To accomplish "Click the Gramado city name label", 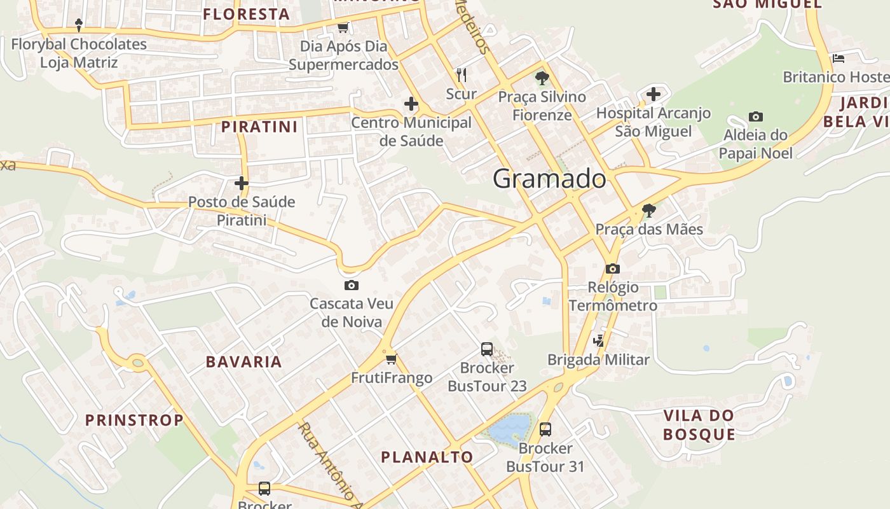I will (549, 179).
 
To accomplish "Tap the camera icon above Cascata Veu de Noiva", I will (351, 286).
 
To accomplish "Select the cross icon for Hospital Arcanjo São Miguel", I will (653, 95).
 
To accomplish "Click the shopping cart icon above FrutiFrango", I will (391, 359).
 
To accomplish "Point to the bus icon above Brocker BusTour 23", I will (487, 349).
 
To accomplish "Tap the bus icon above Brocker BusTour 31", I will (545, 429).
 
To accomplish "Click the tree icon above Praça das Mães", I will (648, 211).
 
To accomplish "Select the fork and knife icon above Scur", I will (462, 75).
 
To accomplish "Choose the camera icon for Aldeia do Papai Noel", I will (755, 116).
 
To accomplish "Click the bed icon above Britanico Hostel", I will (839, 59).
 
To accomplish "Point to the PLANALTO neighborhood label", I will (427, 457).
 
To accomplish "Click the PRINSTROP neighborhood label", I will (134, 420).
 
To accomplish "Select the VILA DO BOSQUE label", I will (699, 425).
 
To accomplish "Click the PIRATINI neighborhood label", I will (259, 127).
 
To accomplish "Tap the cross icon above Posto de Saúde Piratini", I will (241, 183).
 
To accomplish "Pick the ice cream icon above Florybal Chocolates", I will (79, 25).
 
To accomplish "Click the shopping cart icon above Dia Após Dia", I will (343, 27).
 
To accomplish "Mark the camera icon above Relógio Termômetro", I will (613, 268).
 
